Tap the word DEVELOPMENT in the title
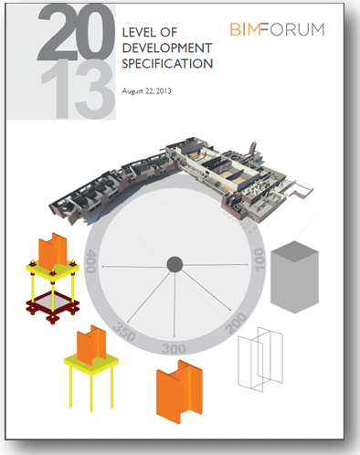(166, 48)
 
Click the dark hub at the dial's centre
(175, 265)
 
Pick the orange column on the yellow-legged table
(97, 347)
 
